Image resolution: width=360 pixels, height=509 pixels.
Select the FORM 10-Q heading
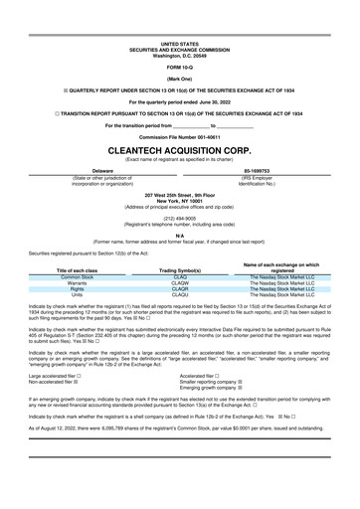point(180,67)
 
